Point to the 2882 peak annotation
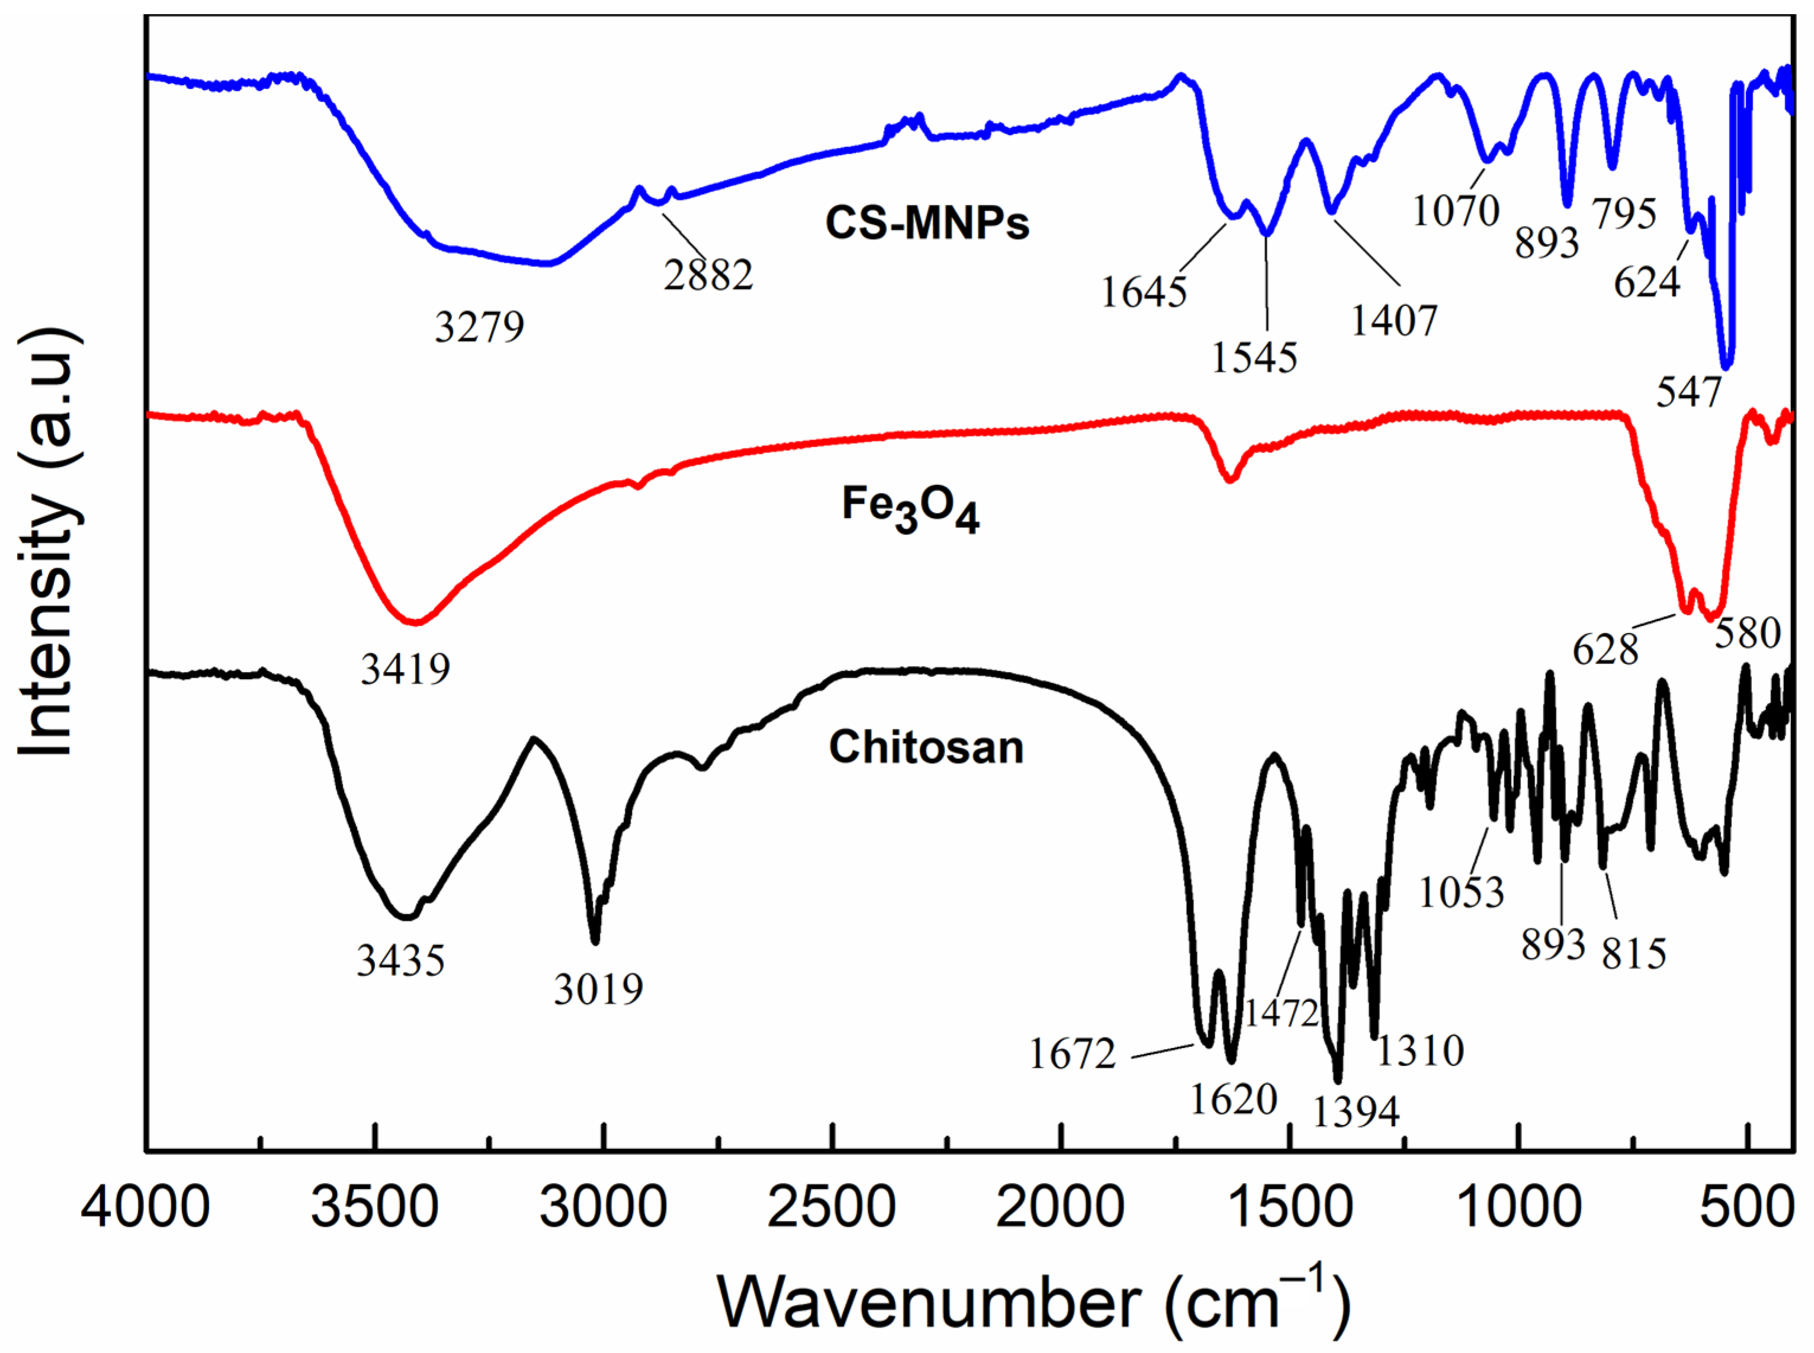(708, 276)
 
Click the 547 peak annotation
(1688, 393)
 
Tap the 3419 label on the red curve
(406, 670)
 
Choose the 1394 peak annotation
(1356, 1112)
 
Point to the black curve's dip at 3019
(595, 942)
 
